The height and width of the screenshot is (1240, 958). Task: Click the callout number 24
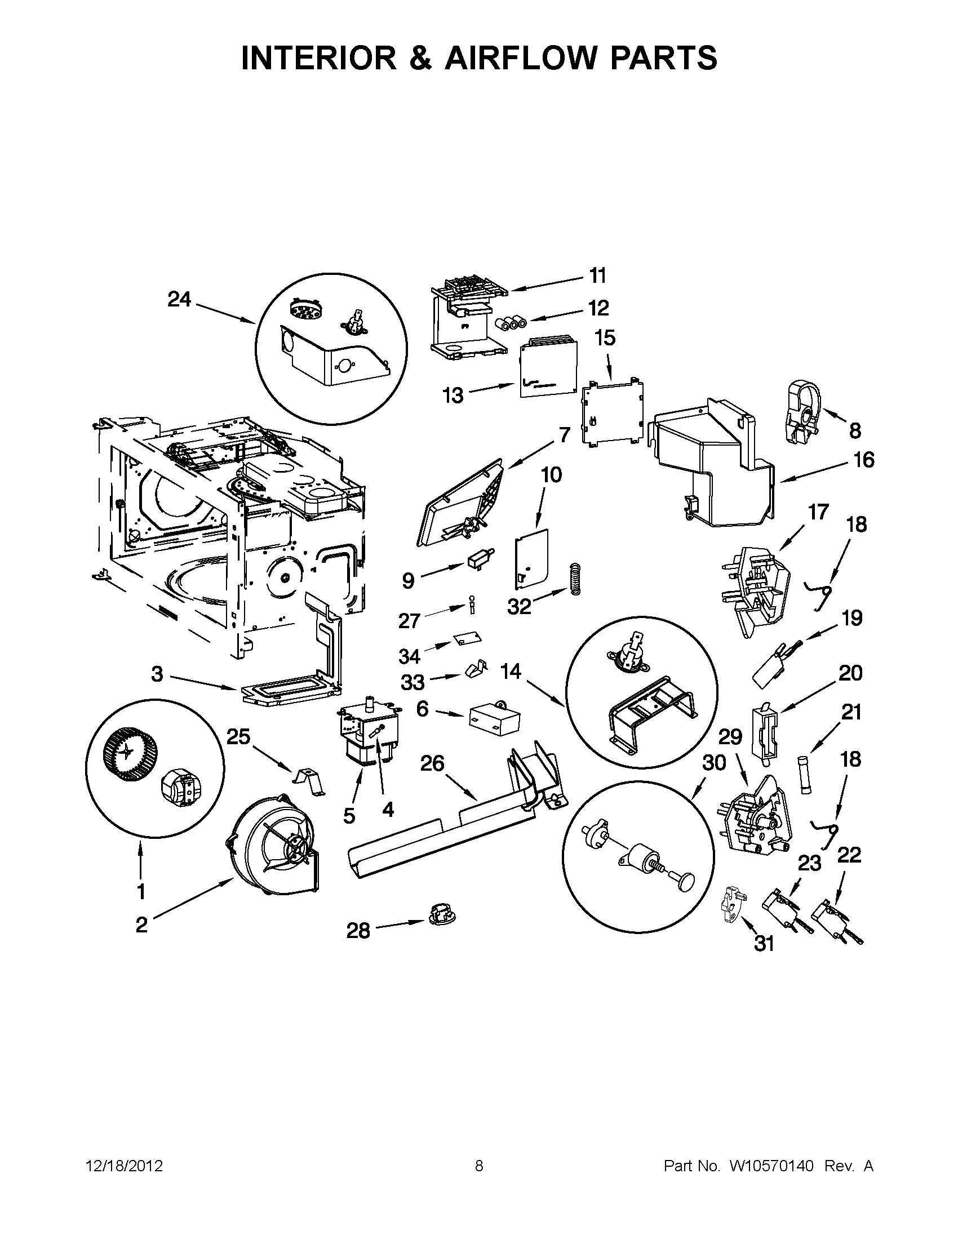[179, 299]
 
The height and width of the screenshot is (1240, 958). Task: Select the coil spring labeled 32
[575, 579]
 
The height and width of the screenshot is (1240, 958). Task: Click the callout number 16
[864, 460]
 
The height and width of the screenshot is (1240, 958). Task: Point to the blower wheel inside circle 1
[122, 752]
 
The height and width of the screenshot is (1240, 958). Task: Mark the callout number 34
[409, 656]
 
